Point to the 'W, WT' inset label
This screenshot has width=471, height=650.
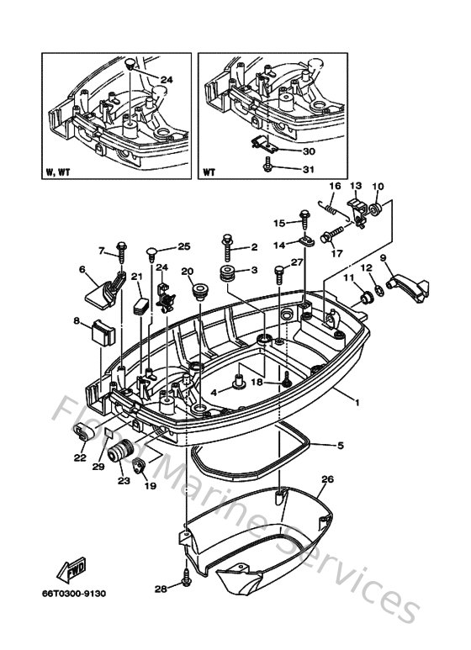tap(61, 175)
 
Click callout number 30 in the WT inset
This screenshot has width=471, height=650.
tap(286, 151)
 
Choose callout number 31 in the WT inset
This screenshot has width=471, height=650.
tap(286, 171)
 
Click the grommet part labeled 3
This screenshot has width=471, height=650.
tap(227, 274)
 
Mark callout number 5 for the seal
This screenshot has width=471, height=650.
tap(340, 445)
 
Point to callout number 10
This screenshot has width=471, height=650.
tap(378, 187)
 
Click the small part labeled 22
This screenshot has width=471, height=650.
tap(83, 432)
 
